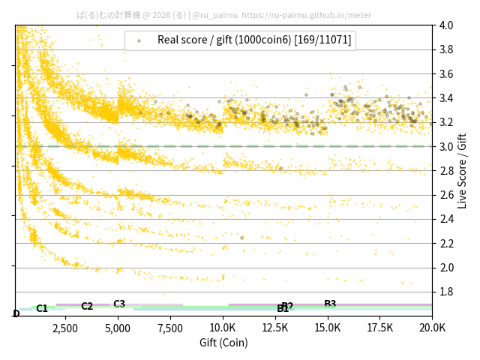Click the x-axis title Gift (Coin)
pos(223,343)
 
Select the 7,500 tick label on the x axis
pos(169,328)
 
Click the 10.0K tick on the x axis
pos(223,328)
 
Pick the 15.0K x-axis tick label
pos(328,328)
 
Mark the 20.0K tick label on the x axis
pos(432,328)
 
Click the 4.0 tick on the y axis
pos(445,25)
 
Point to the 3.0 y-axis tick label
pos(445,146)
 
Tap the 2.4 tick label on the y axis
pos(445,219)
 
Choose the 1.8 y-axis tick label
pos(445,292)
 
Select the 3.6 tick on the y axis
pos(445,74)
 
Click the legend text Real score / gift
pos(254,40)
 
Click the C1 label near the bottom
pos(42,308)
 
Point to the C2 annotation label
pos(87,306)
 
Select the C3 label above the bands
pos(119,304)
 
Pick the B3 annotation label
pos(330,304)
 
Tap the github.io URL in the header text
pos(307,15)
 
